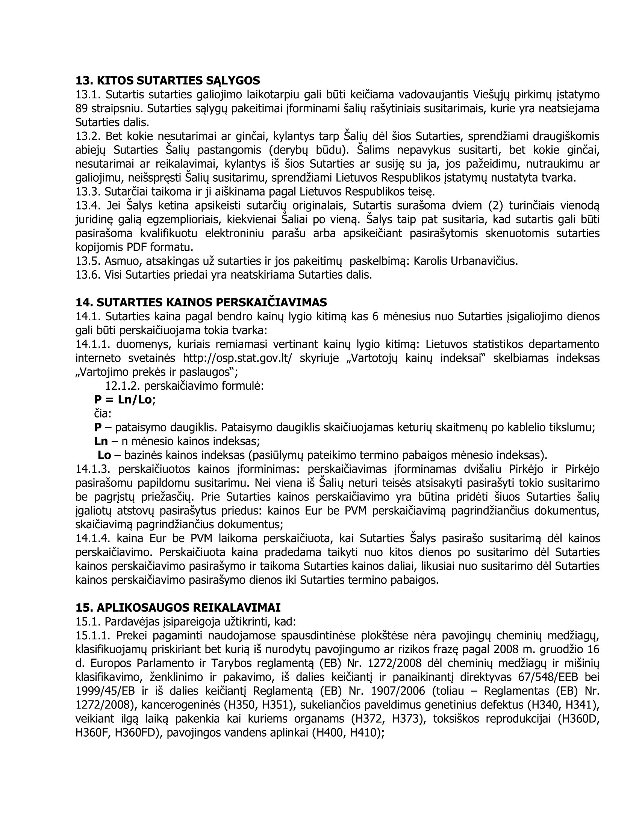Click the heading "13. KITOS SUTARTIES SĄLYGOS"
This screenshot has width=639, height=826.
click(x=168, y=81)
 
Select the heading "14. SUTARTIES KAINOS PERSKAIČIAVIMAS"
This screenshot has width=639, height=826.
click(x=201, y=302)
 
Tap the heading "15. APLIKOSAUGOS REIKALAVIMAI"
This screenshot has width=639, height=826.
click(x=178, y=607)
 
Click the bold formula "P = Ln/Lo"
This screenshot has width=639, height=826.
click(x=123, y=399)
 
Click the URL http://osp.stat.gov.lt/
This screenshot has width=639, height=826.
click(x=238, y=358)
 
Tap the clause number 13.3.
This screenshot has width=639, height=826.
click(x=88, y=192)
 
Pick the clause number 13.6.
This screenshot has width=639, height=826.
click(x=88, y=274)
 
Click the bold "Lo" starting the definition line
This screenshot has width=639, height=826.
click(x=104, y=455)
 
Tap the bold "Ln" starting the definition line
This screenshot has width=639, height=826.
click(x=101, y=441)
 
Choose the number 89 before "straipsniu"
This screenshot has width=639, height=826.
click(x=82, y=109)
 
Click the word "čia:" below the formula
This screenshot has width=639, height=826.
click(x=103, y=413)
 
